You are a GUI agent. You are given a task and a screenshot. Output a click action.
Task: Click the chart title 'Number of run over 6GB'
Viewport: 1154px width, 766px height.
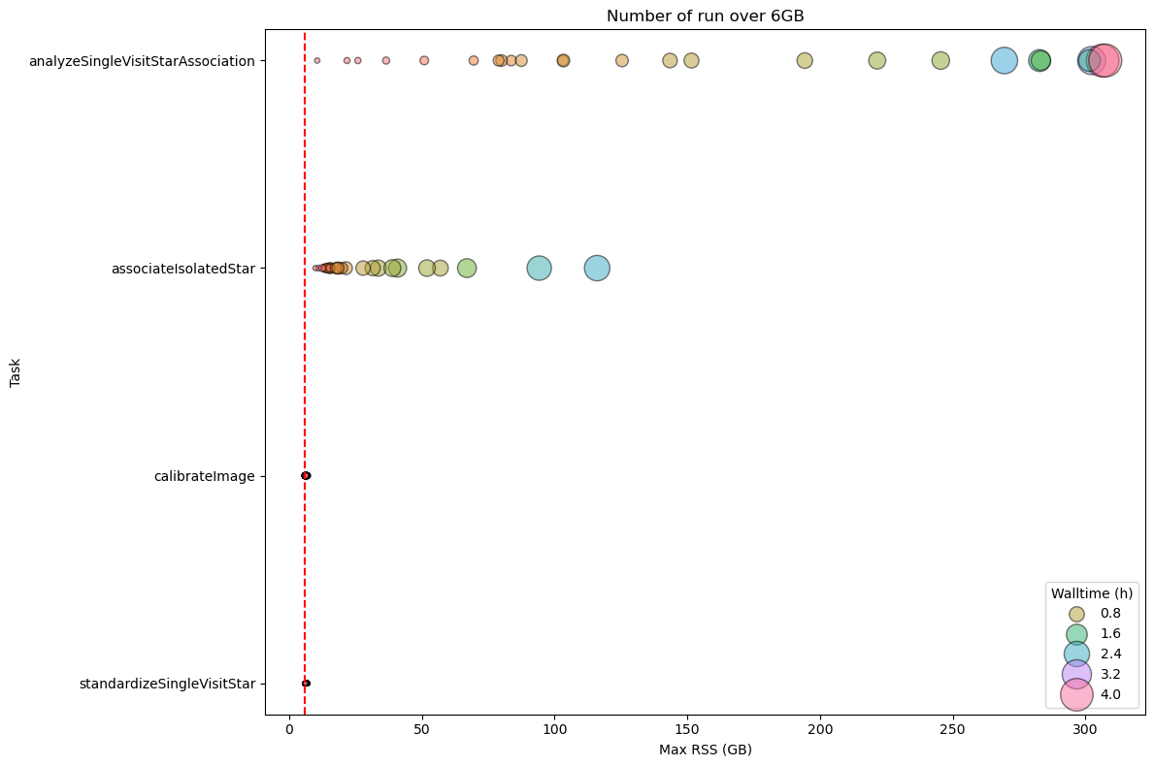click(x=705, y=16)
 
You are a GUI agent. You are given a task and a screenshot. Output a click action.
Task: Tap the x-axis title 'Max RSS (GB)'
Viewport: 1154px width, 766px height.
click(x=705, y=750)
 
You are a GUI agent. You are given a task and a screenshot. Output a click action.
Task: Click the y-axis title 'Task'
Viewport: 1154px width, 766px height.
click(x=16, y=371)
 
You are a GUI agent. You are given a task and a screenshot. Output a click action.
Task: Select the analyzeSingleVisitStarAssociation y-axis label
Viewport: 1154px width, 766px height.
click(x=142, y=61)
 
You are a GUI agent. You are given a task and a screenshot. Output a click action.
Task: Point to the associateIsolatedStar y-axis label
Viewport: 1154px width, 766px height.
click(x=182, y=269)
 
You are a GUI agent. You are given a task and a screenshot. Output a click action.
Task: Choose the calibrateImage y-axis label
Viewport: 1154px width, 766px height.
click(x=204, y=476)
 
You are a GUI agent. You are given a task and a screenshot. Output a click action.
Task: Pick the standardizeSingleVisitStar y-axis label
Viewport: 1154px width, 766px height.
click(x=167, y=684)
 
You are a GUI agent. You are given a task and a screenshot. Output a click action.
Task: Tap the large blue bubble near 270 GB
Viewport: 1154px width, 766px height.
click(x=1005, y=60)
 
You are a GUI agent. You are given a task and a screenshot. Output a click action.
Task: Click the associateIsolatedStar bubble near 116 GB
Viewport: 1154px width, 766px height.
click(x=597, y=268)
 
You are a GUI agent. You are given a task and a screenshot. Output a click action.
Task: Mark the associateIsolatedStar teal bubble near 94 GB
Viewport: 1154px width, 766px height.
click(x=539, y=268)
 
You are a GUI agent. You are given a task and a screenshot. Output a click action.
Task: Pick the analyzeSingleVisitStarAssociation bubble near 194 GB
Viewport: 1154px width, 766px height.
click(x=805, y=60)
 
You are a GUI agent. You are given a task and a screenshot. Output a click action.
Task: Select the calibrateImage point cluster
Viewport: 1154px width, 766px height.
click(x=306, y=475)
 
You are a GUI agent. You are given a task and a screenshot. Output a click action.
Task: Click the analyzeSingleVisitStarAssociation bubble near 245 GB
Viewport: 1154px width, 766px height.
click(x=940, y=60)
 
